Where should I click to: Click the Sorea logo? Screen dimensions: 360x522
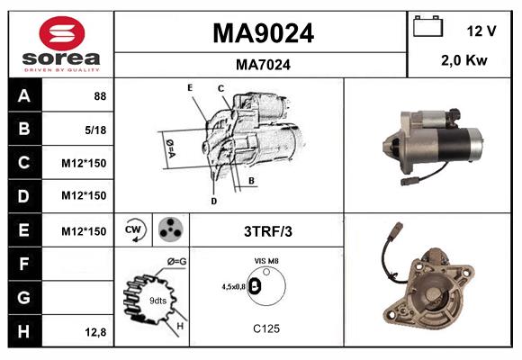coord(60,44)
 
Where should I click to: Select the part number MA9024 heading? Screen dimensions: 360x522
coord(262,33)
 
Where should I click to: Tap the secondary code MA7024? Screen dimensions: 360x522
coord(262,65)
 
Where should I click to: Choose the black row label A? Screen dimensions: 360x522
coord(23,94)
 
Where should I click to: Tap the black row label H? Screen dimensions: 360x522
coord(23,331)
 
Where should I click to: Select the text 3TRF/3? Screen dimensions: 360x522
coord(266,231)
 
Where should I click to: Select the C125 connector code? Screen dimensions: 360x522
coord(265,329)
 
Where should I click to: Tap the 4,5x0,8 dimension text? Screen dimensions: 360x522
coord(234,287)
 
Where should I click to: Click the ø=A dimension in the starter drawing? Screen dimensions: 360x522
coord(168,143)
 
